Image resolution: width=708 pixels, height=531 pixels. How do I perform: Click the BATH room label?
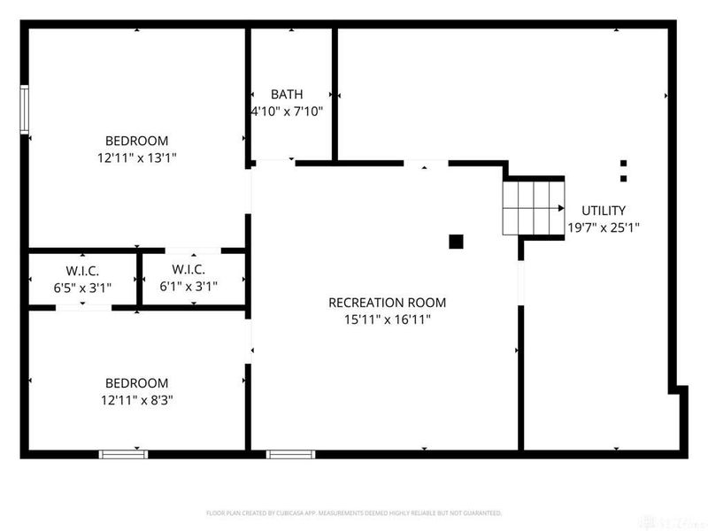coord(287,94)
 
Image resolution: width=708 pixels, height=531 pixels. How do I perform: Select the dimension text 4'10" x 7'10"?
coord(287,112)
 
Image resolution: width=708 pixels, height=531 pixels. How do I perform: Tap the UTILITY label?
coord(604,211)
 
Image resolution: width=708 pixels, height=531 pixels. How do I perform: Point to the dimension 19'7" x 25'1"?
coord(604,227)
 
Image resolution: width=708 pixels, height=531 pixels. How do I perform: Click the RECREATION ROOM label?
coord(387,303)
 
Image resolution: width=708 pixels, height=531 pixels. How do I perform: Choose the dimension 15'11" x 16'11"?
coord(387,319)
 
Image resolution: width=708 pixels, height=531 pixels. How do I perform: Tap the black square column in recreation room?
coord(457,241)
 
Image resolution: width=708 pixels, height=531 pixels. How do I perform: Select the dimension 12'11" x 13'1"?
coord(136,158)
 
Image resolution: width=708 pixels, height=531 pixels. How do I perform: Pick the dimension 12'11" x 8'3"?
coord(136,400)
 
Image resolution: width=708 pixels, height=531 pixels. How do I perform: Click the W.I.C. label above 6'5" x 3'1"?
coord(83,269)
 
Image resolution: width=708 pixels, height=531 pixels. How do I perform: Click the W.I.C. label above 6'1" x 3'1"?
coord(189,269)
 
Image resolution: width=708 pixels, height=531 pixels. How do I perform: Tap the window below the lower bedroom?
coord(123,455)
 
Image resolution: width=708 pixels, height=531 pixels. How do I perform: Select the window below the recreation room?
coord(291,455)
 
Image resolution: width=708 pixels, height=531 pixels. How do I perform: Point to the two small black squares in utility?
coord(623,171)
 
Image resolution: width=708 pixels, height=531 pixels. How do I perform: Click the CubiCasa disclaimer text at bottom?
coord(354,512)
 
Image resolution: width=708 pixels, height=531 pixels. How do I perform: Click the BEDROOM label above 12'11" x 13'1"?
coord(136,141)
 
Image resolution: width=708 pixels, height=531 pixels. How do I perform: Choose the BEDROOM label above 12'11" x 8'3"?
coord(136,383)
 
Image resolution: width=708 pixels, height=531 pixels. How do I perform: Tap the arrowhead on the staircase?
coord(561,208)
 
